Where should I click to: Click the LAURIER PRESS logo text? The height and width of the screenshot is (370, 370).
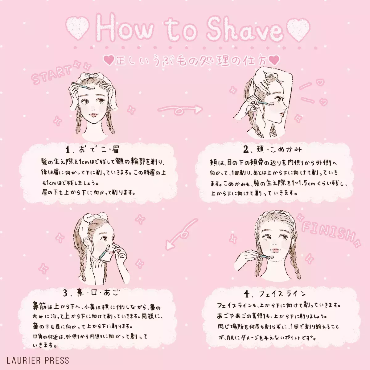pos(38,360)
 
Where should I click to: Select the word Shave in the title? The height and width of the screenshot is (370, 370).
pos(245,29)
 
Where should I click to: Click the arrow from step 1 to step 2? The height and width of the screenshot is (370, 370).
pos(180,110)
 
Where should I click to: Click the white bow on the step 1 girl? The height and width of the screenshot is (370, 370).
pos(91,76)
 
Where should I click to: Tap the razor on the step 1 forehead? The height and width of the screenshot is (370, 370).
pos(83,86)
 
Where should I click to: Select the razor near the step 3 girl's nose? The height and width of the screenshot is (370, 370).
pos(106,251)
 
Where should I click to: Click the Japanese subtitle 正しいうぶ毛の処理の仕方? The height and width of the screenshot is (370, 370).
pos(191,61)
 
